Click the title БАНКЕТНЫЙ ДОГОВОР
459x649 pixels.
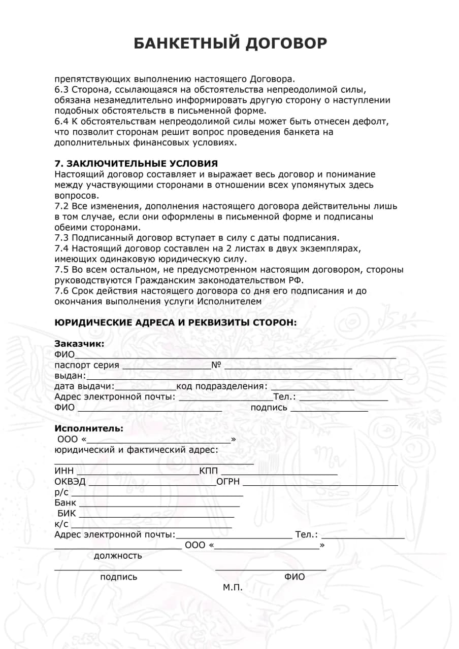pyautogui.click(x=230, y=44)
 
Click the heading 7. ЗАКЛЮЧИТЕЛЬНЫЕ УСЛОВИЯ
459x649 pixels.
pyautogui.click(x=136, y=163)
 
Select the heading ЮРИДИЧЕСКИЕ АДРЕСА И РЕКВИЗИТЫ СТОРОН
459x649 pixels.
pyautogui.click(x=176, y=322)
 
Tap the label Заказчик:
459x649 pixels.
pyautogui.click(x=79, y=344)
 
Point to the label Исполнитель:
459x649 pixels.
pyautogui.click(x=89, y=428)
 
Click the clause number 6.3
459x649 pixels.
pyautogui.click(x=61, y=89)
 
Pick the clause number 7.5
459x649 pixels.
pyautogui.click(x=61, y=270)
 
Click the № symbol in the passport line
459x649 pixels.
pyautogui.click(x=216, y=365)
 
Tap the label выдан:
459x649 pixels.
pyautogui.click(x=70, y=376)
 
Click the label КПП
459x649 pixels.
pyautogui.click(x=209, y=472)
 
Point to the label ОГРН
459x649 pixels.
pyautogui.click(x=228, y=482)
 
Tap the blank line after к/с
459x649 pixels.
pyautogui.click(x=151, y=526)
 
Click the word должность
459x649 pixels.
pyautogui.click(x=118, y=556)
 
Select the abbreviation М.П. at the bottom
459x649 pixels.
pyautogui.click(x=233, y=588)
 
